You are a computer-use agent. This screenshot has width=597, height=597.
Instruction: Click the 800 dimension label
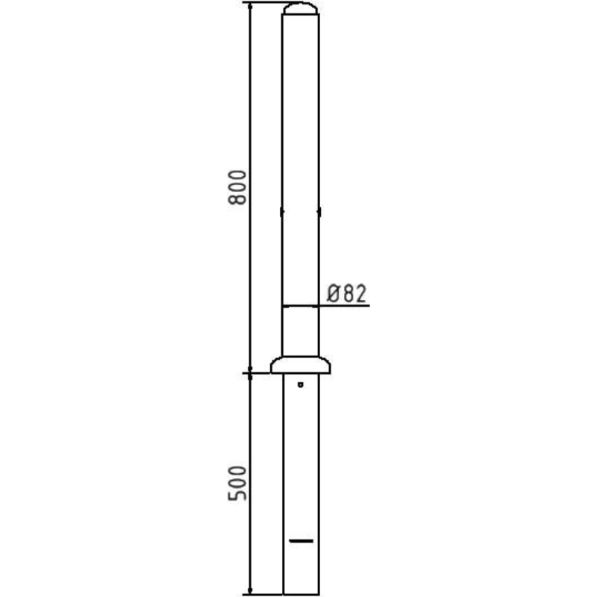[237, 188]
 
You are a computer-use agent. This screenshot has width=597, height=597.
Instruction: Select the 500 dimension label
[237, 483]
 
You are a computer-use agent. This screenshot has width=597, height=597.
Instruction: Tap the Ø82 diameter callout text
[346, 293]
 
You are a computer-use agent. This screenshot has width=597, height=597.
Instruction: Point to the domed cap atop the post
[301, 8]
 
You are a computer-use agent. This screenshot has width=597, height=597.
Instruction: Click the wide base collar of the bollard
[301, 365]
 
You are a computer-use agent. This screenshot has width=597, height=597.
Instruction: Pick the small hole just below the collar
[301, 384]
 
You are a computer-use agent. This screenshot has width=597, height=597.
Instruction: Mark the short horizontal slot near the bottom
[301, 540]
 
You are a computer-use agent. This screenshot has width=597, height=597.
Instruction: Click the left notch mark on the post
[282, 212]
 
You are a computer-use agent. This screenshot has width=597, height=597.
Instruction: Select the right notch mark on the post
[319, 212]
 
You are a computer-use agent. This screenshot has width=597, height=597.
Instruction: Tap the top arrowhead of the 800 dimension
[250, 5]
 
